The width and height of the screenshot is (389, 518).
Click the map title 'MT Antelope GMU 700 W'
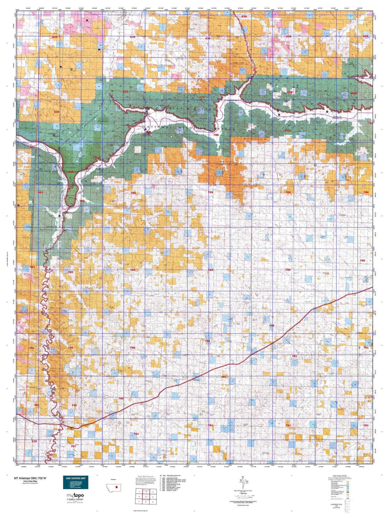(x=30, y=478)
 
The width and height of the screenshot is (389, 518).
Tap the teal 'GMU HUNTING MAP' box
(x=75, y=482)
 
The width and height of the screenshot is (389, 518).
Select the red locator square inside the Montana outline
(x=116, y=487)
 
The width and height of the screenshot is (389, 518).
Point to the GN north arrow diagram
(x=243, y=481)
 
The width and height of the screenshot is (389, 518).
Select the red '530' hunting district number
(x=34, y=441)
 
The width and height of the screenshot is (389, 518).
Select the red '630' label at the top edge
(x=244, y=16)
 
